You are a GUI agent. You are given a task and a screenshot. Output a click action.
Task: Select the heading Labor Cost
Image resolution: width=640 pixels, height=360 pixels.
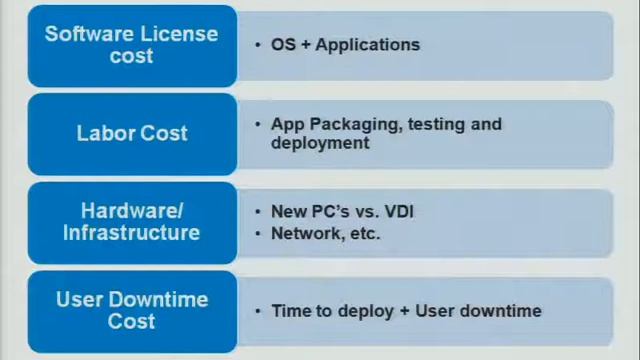[132, 133]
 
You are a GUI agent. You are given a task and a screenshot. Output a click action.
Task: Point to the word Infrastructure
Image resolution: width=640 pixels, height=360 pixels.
[132, 233]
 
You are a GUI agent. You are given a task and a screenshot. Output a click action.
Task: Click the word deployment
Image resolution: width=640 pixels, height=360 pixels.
[320, 143]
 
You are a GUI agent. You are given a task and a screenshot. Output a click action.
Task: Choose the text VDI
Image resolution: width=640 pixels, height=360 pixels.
[398, 211]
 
